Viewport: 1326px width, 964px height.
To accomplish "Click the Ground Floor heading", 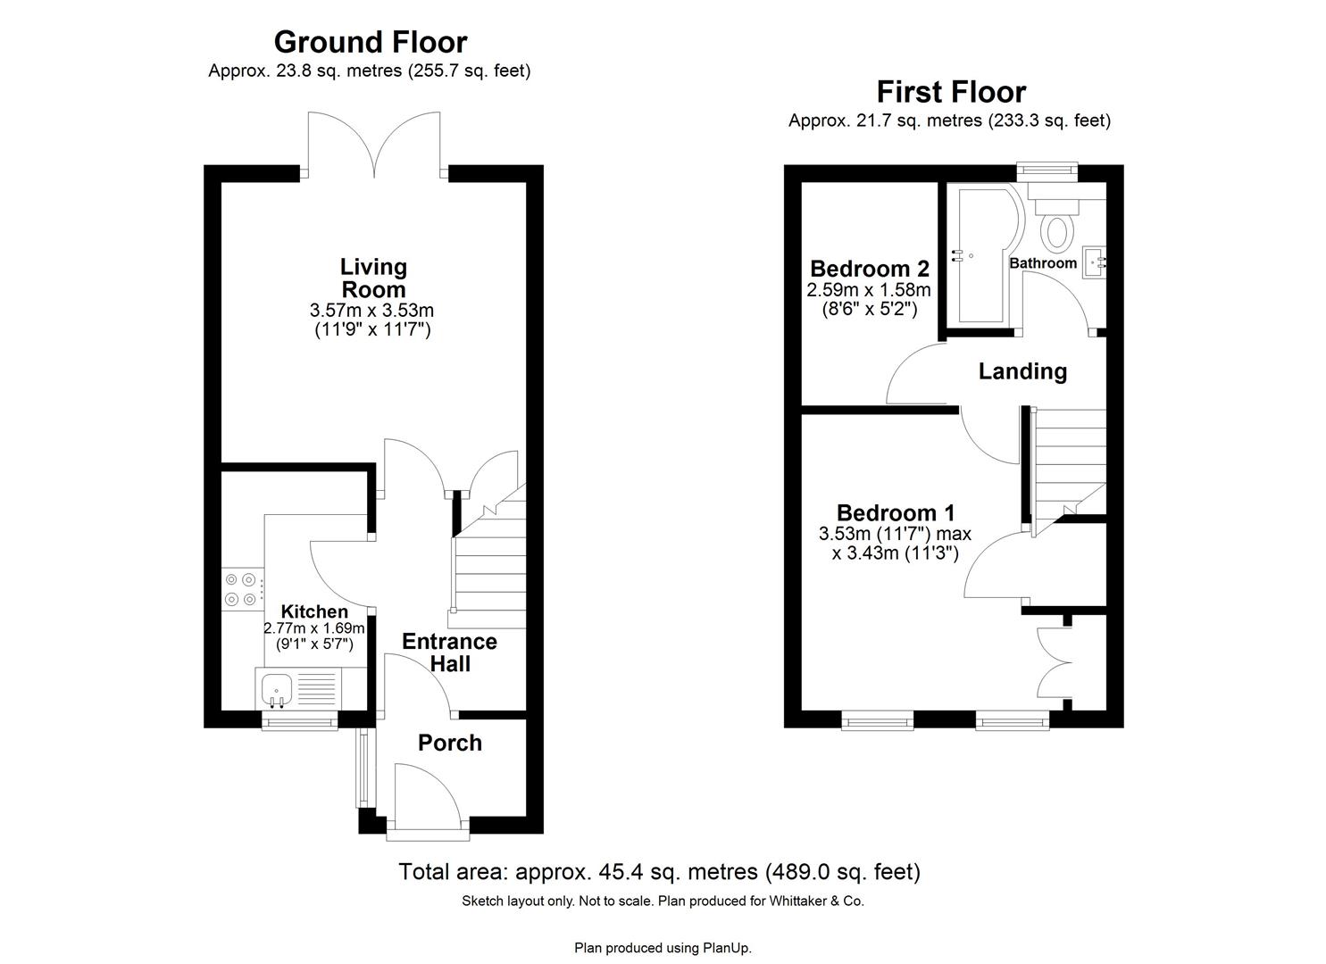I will (x=370, y=42).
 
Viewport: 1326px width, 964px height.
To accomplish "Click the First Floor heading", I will (x=950, y=92).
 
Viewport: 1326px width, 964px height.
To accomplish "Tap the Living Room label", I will (x=373, y=278).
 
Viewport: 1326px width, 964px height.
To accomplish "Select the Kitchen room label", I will (x=314, y=611).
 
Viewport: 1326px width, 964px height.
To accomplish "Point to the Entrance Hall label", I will (x=449, y=652).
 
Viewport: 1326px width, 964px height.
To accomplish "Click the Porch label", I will (x=450, y=743).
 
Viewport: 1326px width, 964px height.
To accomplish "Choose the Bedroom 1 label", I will (x=895, y=513).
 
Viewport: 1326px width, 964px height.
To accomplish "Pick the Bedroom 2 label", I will (x=869, y=269).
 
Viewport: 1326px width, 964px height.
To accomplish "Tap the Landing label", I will (x=1022, y=371).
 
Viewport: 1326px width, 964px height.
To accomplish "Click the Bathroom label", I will (x=1042, y=263).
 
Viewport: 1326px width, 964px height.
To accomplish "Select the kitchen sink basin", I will (x=277, y=688).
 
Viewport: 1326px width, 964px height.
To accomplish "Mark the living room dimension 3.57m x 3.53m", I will (x=371, y=311).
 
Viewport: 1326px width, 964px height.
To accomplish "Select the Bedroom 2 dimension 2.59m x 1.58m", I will (x=869, y=290).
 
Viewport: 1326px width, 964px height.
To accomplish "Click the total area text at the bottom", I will (x=659, y=871).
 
